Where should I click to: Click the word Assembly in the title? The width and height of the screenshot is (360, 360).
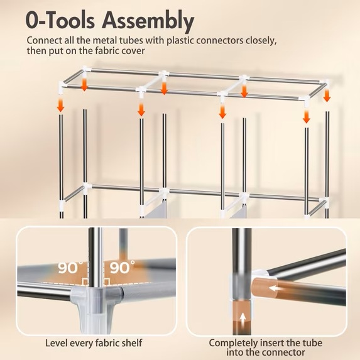(x=148, y=21)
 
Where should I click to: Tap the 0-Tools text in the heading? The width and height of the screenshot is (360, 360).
(x=60, y=20)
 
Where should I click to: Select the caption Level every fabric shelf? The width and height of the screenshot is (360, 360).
(x=94, y=343)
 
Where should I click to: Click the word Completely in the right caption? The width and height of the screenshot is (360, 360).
(x=233, y=344)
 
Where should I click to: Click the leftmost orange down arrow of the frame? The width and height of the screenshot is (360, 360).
(x=60, y=104)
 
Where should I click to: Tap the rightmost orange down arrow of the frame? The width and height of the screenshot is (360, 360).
(x=327, y=95)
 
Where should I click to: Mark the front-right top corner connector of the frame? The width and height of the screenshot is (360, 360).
(x=307, y=102)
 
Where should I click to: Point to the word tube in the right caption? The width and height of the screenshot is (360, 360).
(x=311, y=344)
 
